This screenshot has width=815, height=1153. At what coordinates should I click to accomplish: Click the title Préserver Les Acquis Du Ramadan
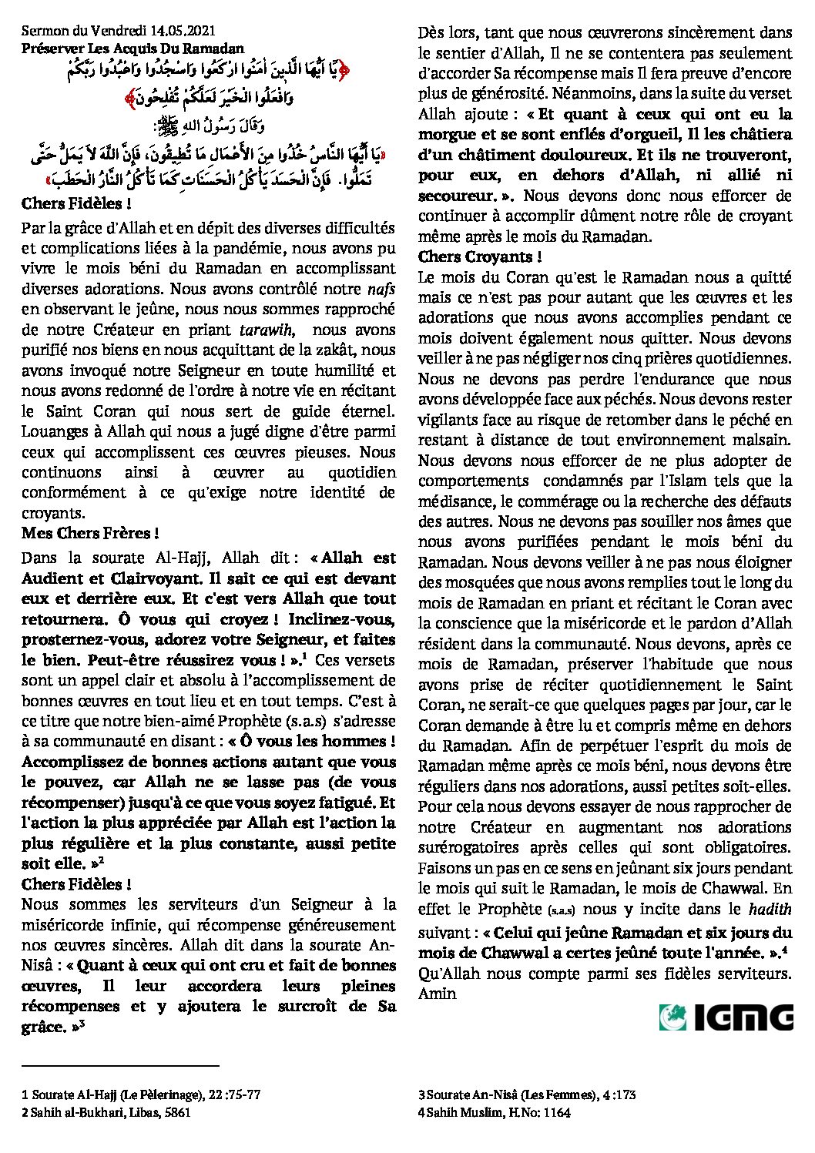[x=132, y=47]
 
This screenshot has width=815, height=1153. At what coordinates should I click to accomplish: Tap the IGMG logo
[x=726, y=1017]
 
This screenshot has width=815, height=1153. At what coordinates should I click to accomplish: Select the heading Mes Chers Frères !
[x=90, y=532]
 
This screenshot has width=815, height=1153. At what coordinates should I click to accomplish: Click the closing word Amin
[x=438, y=993]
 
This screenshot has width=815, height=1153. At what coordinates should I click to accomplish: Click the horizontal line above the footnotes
[x=121, y=1067]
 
